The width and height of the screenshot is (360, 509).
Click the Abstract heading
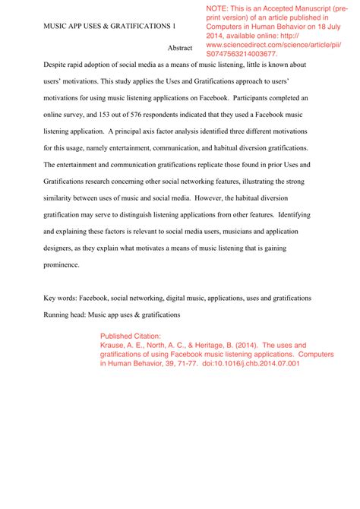click(x=180, y=48)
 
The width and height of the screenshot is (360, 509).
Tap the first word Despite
click(x=56, y=65)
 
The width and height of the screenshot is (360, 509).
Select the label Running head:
click(x=68, y=314)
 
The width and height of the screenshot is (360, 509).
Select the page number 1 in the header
click(x=173, y=26)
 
